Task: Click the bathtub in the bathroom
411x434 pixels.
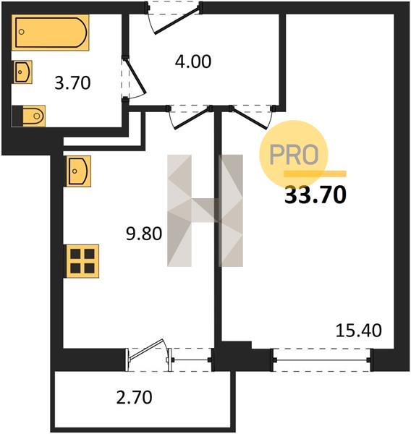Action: point(50,33)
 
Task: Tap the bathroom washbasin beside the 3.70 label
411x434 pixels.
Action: point(22,72)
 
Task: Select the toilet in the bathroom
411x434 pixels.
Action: point(28,116)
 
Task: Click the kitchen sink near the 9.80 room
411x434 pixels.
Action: point(78,171)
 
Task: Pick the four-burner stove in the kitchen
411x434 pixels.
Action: point(82,261)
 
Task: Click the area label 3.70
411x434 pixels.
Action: point(72,82)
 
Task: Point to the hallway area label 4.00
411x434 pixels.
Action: point(193,61)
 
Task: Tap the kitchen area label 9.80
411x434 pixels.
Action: point(144,234)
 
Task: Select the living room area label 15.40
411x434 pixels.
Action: point(359,331)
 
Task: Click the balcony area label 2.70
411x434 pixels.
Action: point(134,397)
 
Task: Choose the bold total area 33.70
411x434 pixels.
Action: point(315,195)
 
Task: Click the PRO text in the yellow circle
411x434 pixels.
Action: point(294,155)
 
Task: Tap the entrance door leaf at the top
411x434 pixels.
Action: point(177,21)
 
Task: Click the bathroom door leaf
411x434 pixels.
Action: point(136,75)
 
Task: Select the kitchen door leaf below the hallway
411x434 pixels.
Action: point(192,118)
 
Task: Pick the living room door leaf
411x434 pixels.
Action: point(250,119)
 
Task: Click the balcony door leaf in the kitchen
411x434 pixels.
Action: point(146,349)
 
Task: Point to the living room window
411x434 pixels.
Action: point(323,359)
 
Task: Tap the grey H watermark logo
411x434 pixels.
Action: point(205,210)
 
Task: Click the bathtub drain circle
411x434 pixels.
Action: point(21,32)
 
